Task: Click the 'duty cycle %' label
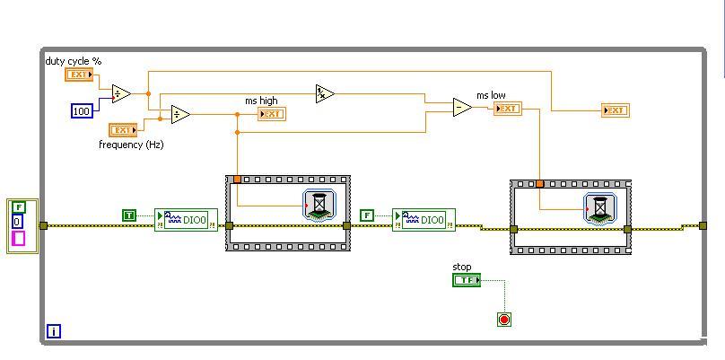click(73, 60)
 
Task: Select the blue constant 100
click(82, 110)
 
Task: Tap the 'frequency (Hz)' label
click(131, 144)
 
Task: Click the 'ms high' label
click(263, 101)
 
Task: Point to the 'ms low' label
click(491, 95)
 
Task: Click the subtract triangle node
click(462, 108)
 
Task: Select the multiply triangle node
click(325, 92)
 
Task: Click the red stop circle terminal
click(504, 319)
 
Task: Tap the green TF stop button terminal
click(466, 280)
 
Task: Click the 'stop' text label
click(461, 267)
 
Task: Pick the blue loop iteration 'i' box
click(53, 331)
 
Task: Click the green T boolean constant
click(129, 215)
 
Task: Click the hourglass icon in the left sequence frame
click(319, 206)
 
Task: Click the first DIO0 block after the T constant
click(186, 220)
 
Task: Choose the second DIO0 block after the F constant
click(424, 220)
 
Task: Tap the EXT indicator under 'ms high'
click(270, 114)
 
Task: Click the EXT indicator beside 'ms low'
click(507, 109)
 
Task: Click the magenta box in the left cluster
click(18, 239)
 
